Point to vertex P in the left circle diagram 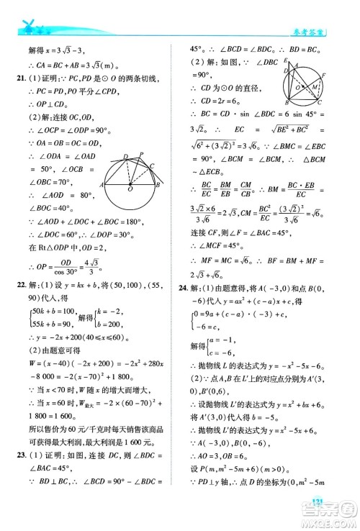pos(142,153)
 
